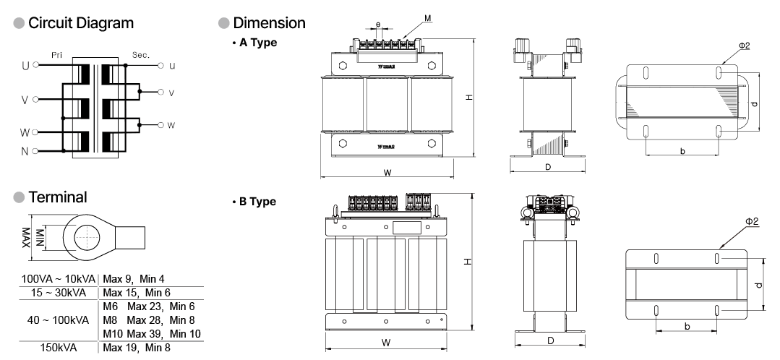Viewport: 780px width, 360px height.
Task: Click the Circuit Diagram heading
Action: coord(80,23)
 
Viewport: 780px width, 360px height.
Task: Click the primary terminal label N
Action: coord(25,152)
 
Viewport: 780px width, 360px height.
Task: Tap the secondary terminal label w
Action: coord(171,125)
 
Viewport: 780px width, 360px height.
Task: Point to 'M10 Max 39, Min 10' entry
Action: coord(152,333)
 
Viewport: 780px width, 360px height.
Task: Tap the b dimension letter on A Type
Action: coord(681,151)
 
